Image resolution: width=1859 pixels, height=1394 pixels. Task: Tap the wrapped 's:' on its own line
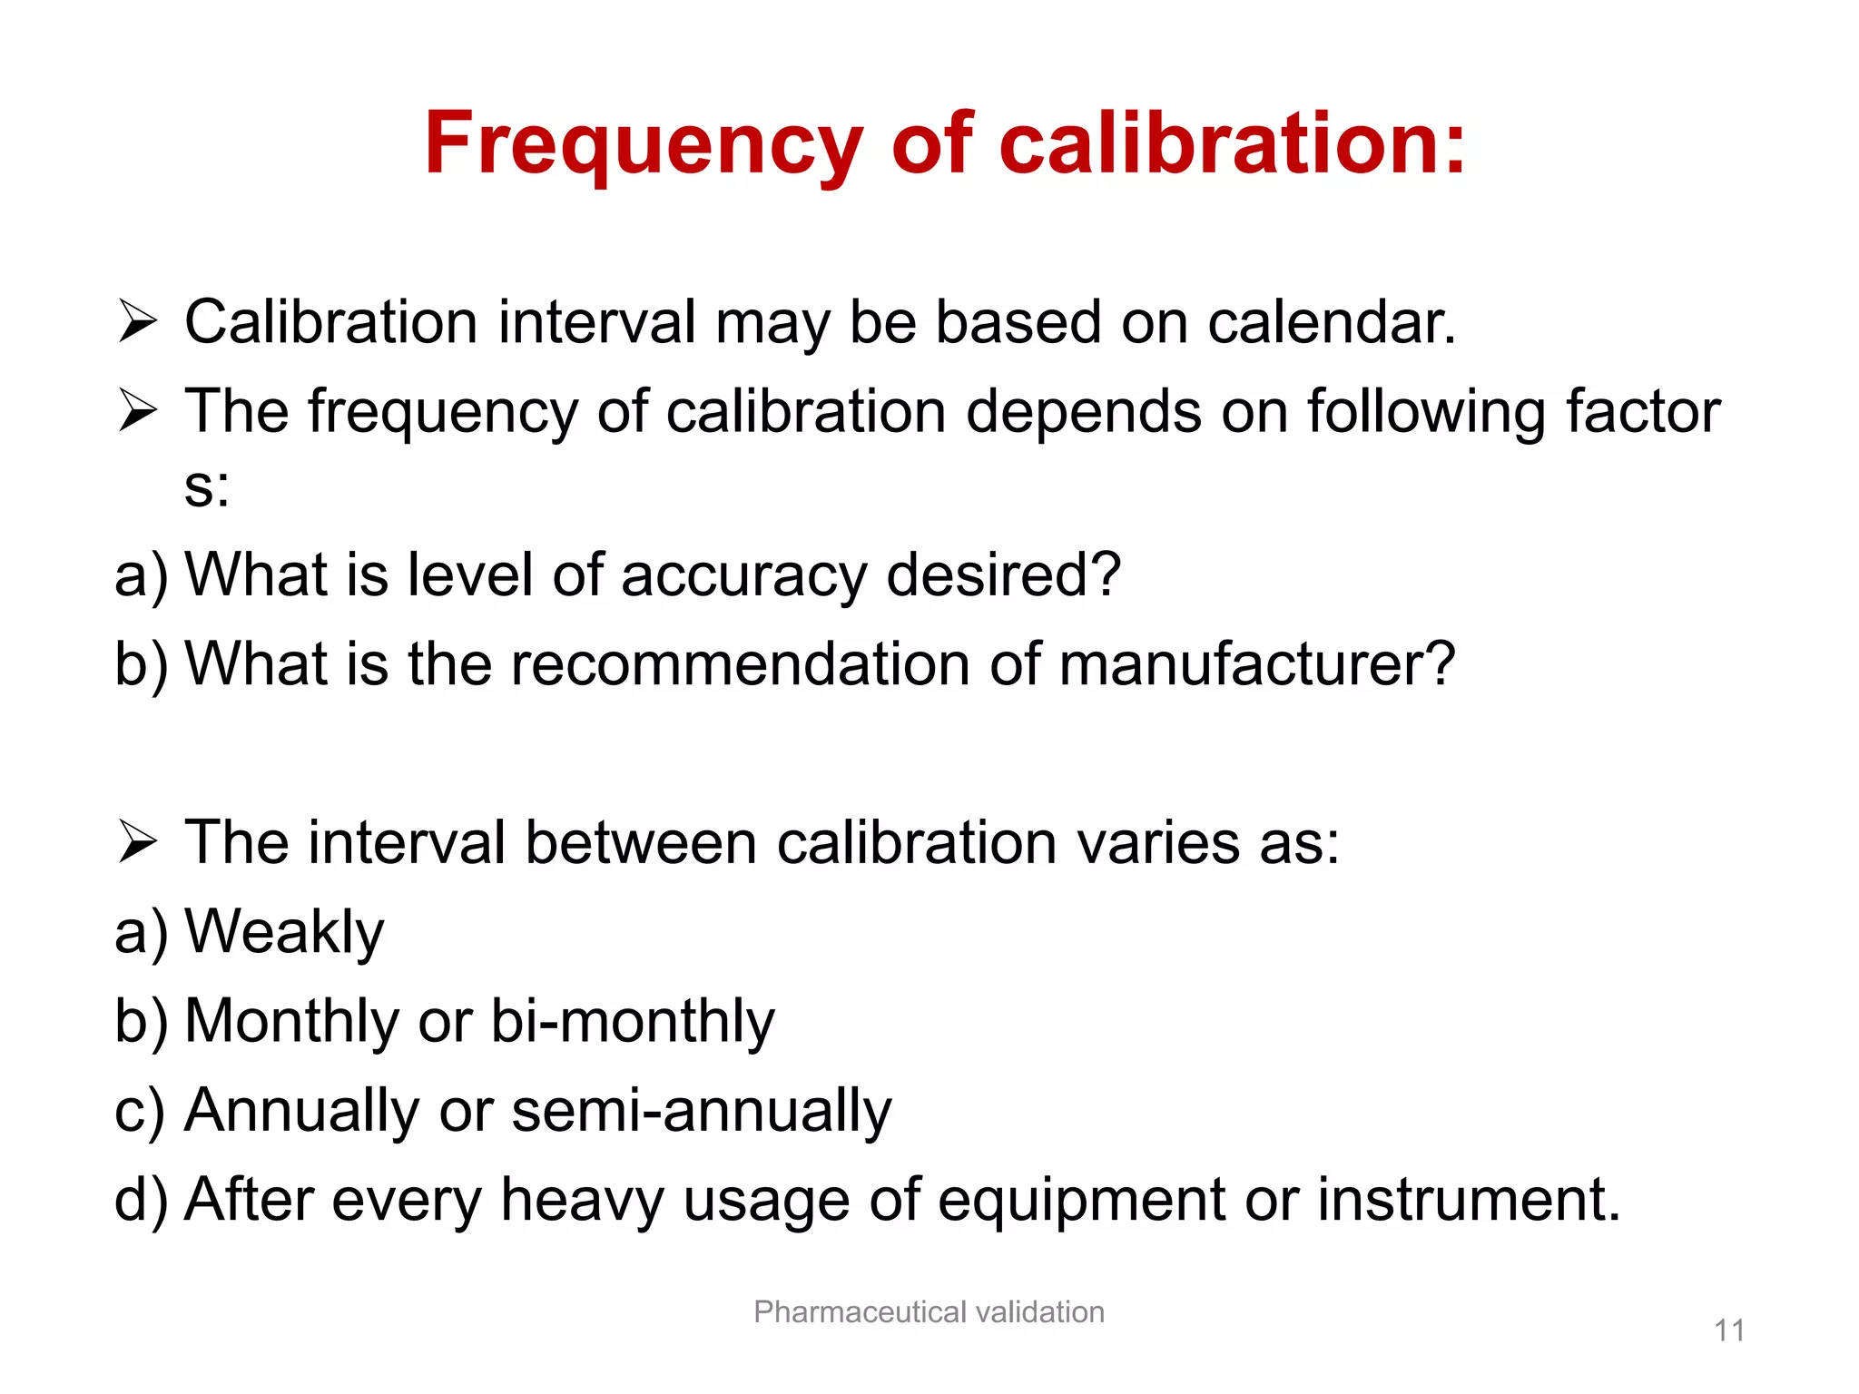pos(207,488)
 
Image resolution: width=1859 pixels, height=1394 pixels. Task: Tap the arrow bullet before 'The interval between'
pos(137,842)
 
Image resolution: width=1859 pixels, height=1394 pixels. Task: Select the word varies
pos(1158,842)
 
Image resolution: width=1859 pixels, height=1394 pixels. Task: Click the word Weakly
pos(284,932)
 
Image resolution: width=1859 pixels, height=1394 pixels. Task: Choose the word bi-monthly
pos(633,1021)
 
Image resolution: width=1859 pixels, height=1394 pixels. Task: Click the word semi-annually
pos(702,1110)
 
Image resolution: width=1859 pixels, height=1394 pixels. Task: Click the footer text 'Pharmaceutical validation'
pos(929,1312)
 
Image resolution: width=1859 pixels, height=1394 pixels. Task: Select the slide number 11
pos(1729,1331)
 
